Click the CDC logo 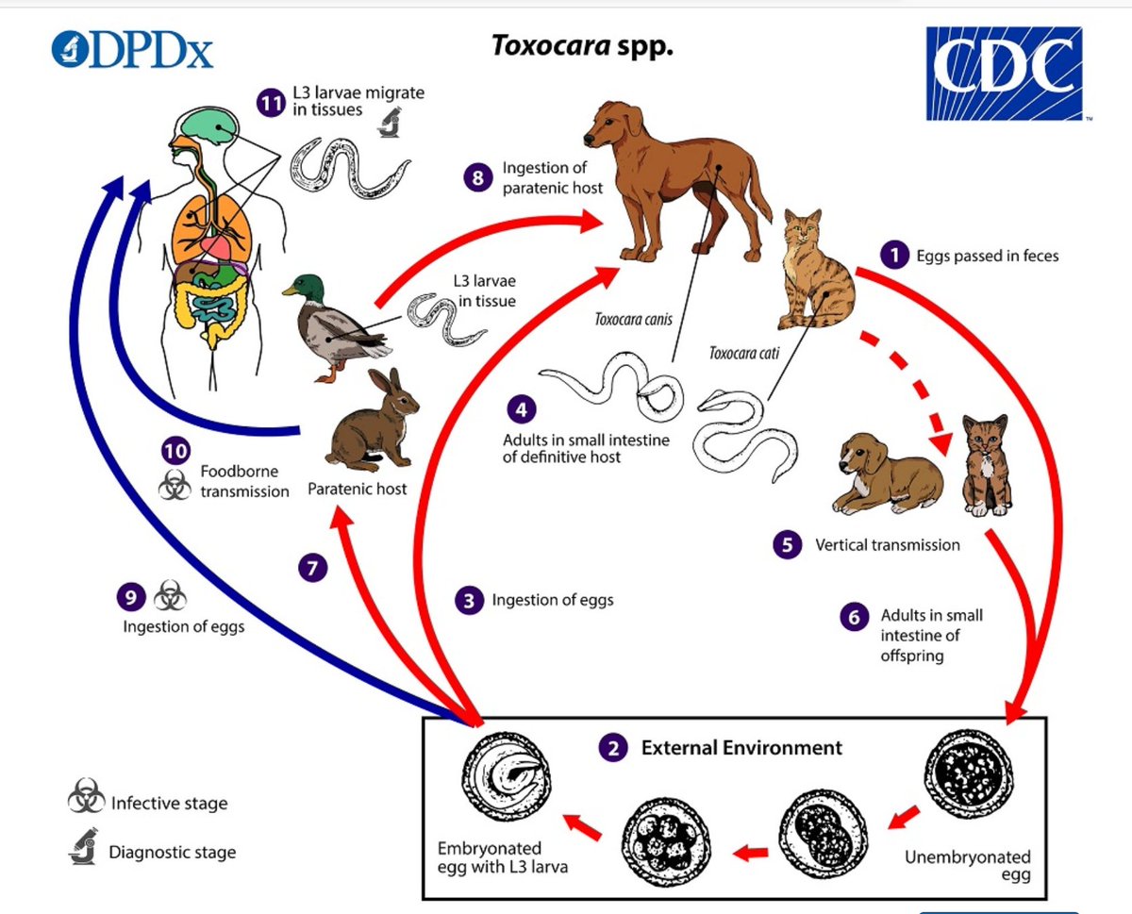[x=1005, y=74]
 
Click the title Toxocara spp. [x=582, y=45]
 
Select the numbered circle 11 [x=271, y=103]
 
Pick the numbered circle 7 [x=312, y=568]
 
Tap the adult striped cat [x=816, y=270]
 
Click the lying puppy [x=887, y=474]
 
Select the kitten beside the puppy [x=987, y=466]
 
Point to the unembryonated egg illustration [x=968, y=774]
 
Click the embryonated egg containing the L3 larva [x=506, y=777]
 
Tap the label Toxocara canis [x=633, y=319]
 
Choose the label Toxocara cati [x=744, y=353]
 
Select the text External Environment [x=741, y=747]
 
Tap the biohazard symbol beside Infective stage [x=86, y=795]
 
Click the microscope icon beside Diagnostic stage [x=83, y=846]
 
